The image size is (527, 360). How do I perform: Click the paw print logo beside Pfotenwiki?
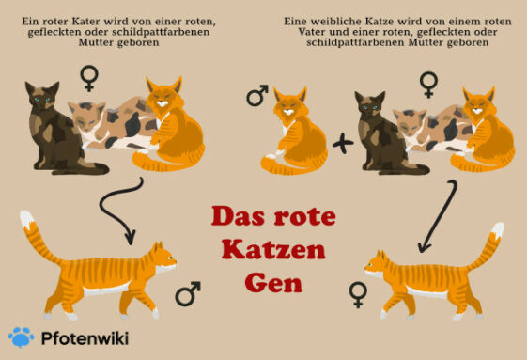(21, 337)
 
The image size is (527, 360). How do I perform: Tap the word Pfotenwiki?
(82, 337)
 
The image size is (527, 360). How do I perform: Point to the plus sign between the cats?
(343, 144)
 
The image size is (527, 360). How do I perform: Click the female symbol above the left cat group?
(90, 77)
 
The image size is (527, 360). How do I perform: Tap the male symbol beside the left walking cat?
(188, 295)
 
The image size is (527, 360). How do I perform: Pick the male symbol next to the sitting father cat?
(256, 96)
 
